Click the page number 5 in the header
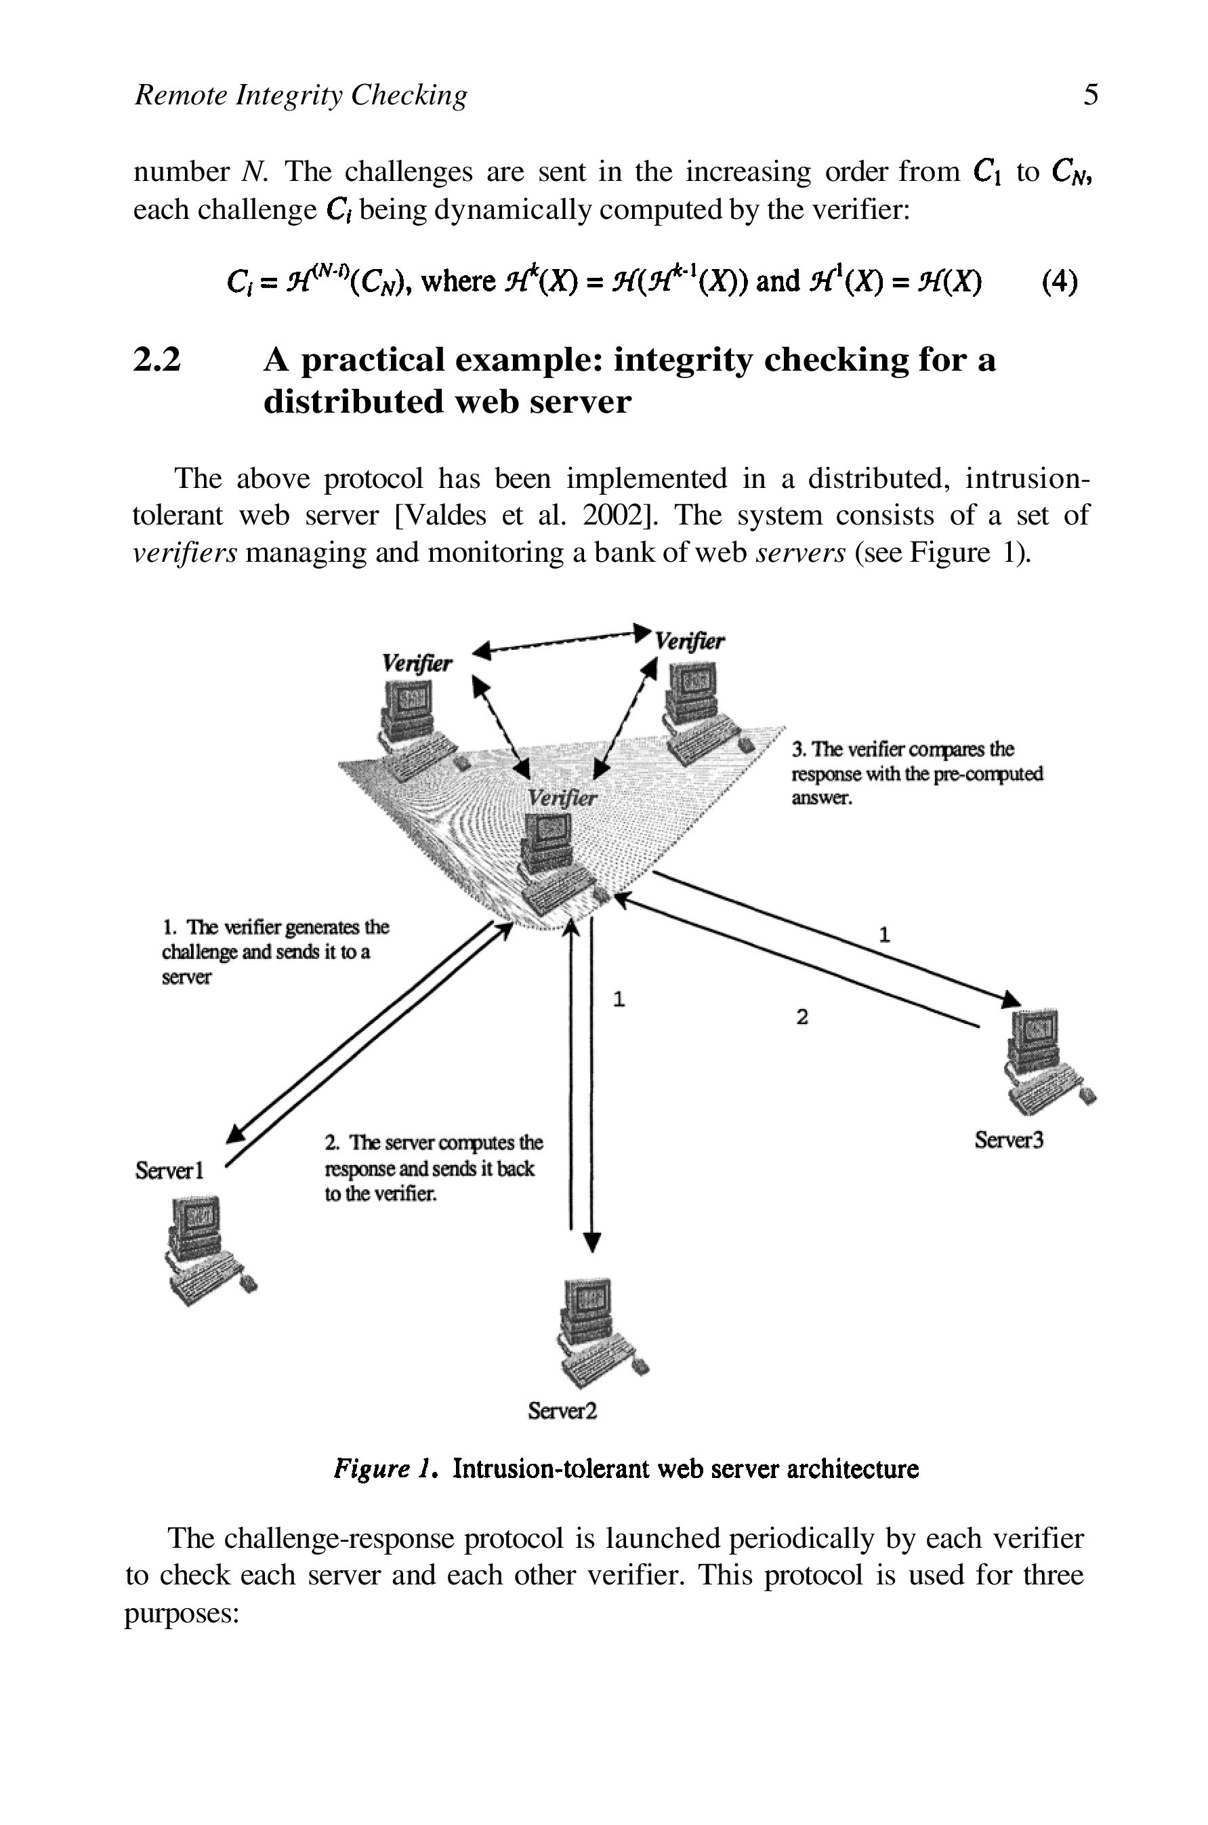1090,95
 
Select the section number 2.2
157,360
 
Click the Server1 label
169,1170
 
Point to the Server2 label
562,1410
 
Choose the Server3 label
1008,1139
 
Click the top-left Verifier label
417,663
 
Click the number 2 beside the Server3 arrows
802,1018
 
